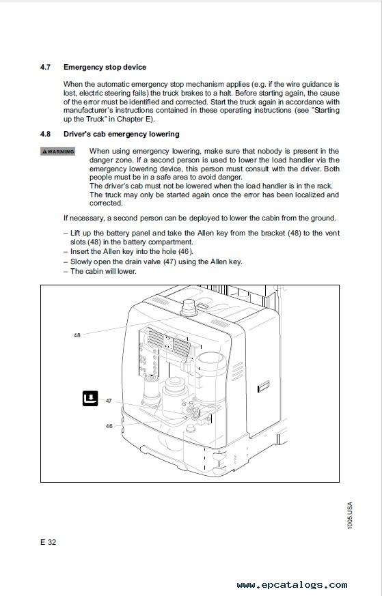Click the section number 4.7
[x=45, y=68]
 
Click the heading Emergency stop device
[x=105, y=68]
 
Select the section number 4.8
[x=45, y=134]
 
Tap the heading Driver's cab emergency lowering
[x=122, y=134]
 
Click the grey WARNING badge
[x=57, y=152]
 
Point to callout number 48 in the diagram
[x=77, y=335]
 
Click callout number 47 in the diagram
[x=109, y=401]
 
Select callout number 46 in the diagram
[x=109, y=426]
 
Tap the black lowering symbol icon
[x=90, y=398]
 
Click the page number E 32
[x=48, y=542]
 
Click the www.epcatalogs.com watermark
[x=292, y=584]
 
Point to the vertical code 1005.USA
[x=350, y=515]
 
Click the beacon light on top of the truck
[x=189, y=308]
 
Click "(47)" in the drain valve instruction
[x=169, y=262]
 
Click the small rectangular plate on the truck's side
[x=264, y=386]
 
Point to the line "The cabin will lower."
[x=103, y=272]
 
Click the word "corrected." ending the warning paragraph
[x=106, y=203]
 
